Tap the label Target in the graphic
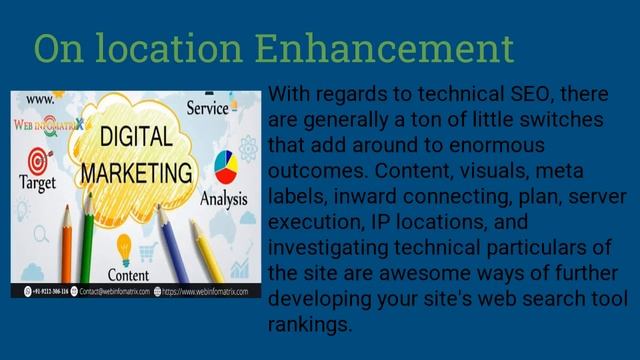point(38,183)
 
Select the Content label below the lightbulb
point(128,274)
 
